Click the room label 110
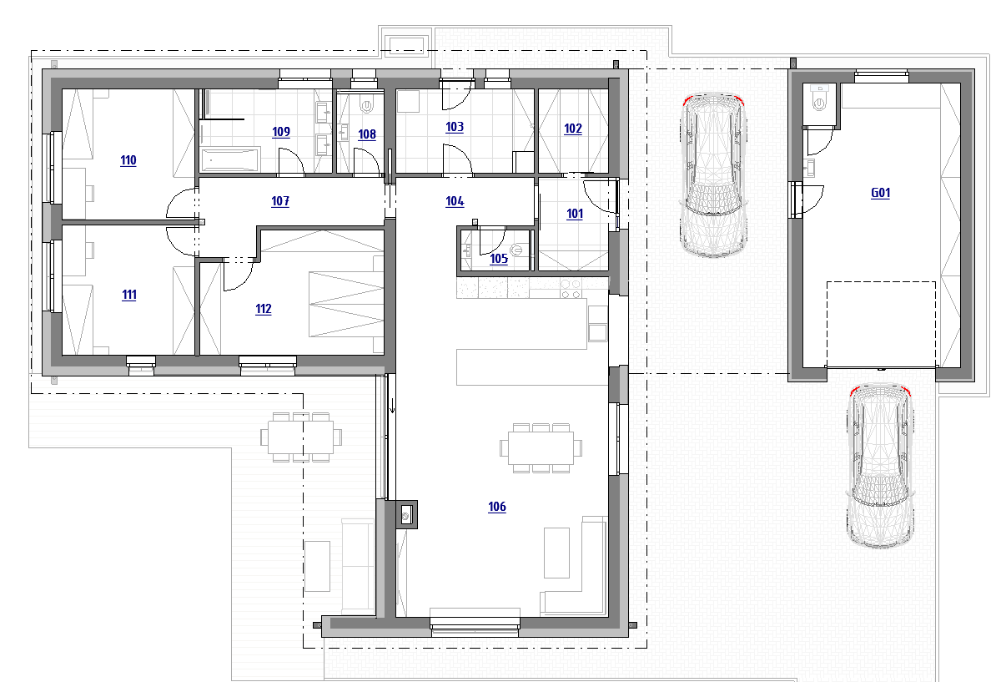tap(128, 160)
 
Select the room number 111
tap(129, 295)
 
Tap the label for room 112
tap(264, 309)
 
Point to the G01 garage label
tap(880, 193)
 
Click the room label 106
tap(497, 507)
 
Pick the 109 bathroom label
tap(281, 132)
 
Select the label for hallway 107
tap(280, 201)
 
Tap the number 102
tap(573, 129)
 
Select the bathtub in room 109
tap(230, 159)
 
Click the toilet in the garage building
tap(819, 99)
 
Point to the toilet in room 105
tap(517, 250)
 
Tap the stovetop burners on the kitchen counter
tap(571, 289)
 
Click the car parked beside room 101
tap(714, 174)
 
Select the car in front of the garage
tap(880, 466)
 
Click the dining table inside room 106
tap(541, 448)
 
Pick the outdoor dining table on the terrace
tap(301, 437)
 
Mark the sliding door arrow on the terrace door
tap(392, 406)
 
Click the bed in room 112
tap(346, 304)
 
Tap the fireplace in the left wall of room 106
tap(406, 515)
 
